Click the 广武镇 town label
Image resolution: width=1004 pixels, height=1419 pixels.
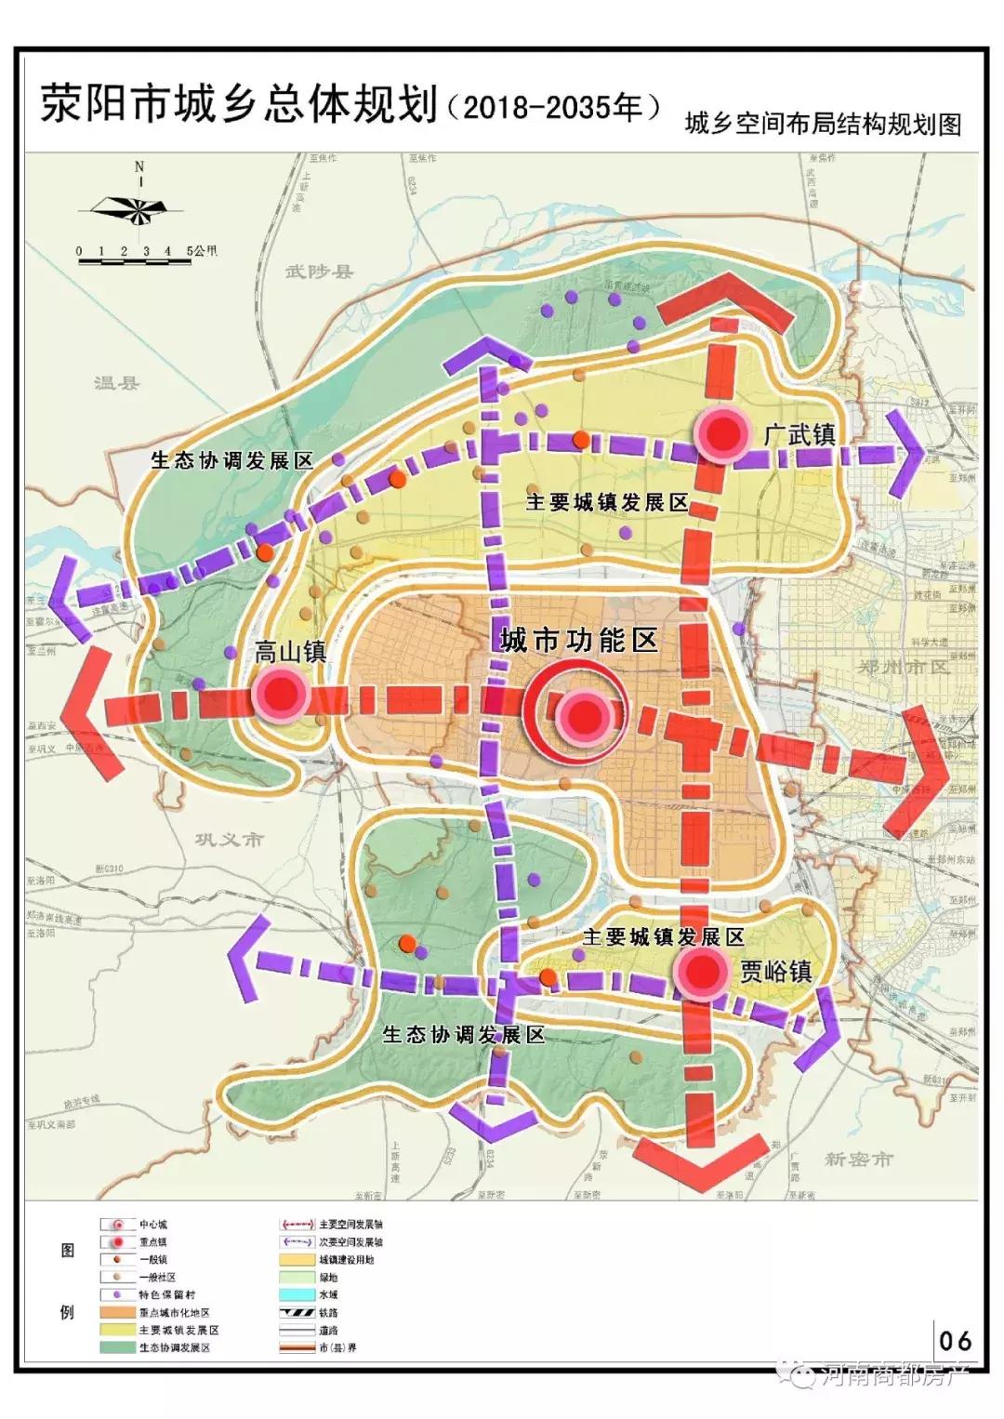[799, 434]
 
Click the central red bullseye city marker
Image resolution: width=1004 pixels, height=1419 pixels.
[584, 715]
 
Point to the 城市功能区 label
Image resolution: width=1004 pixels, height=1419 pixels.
[578, 641]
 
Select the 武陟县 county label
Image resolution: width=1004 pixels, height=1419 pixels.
[319, 272]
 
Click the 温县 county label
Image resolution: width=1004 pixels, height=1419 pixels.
[116, 382]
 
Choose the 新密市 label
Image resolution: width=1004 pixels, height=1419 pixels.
[858, 1160]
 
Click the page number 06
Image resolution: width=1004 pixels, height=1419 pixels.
[956, 1340]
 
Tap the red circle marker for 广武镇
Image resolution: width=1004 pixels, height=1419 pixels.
[724, 433]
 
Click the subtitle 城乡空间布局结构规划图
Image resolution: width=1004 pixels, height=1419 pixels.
[822, 125]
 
